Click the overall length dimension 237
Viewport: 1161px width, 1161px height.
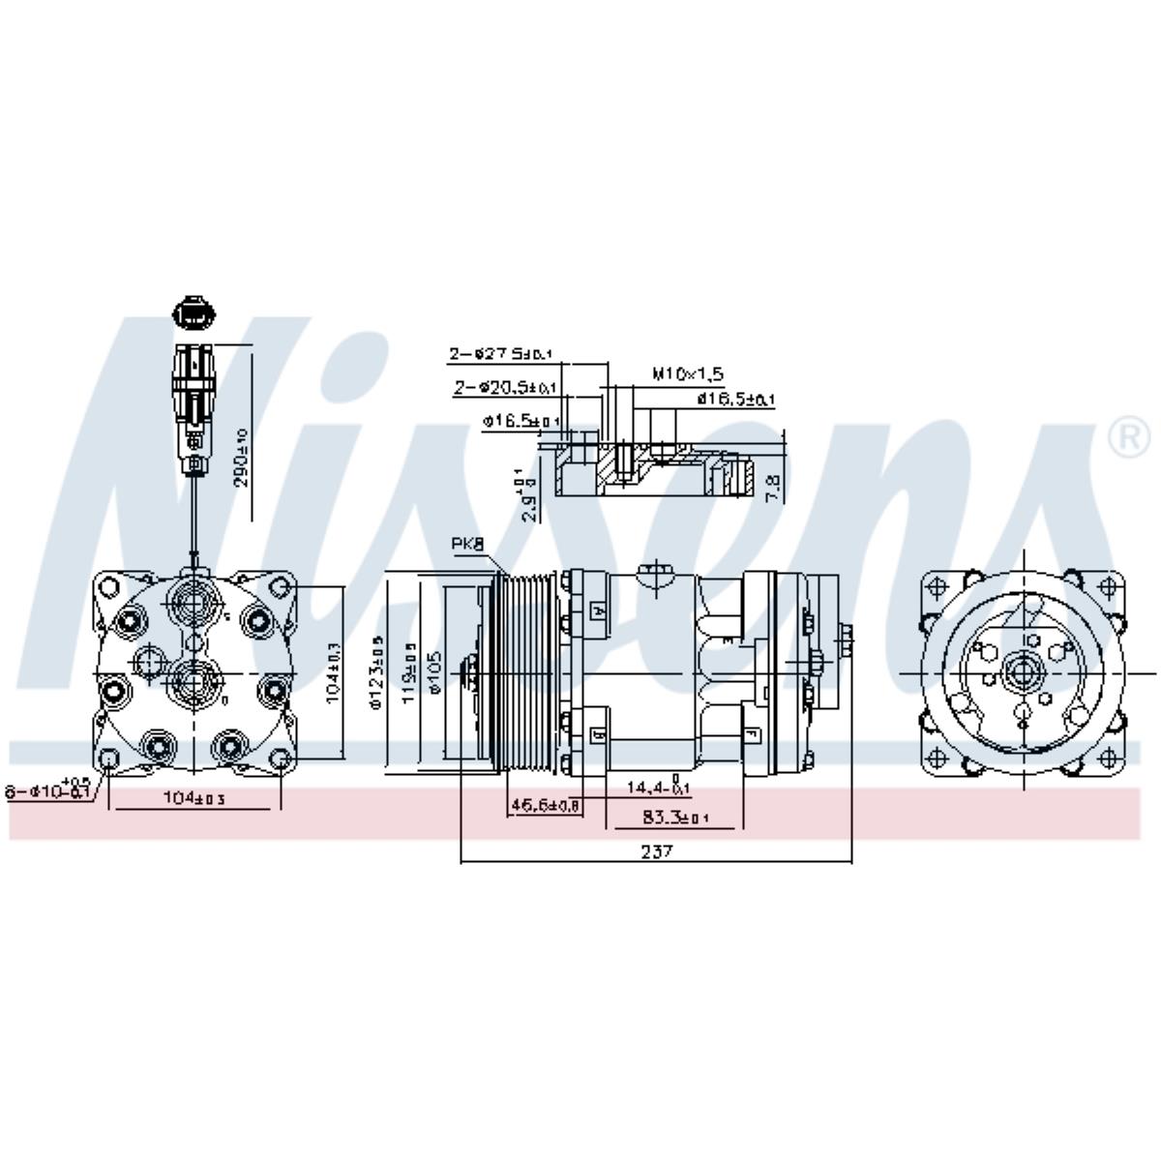656,851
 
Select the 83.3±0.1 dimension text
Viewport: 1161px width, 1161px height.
675,819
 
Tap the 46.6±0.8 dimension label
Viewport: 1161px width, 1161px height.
545,804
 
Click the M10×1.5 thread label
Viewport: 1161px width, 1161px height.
688,373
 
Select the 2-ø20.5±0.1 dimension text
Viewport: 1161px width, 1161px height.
505,388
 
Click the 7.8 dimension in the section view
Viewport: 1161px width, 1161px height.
771,486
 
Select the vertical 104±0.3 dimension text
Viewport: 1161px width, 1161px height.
333,673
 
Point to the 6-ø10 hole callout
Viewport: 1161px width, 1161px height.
48,789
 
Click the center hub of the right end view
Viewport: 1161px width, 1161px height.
1024,672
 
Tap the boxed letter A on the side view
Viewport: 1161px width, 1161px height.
598,610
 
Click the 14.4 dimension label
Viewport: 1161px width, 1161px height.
655,788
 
